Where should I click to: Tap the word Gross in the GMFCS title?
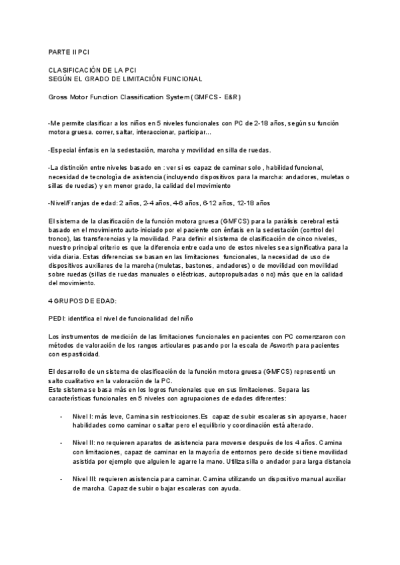point(59,97)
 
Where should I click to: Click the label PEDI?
point(57,318)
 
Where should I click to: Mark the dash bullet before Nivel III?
point(61,479)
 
